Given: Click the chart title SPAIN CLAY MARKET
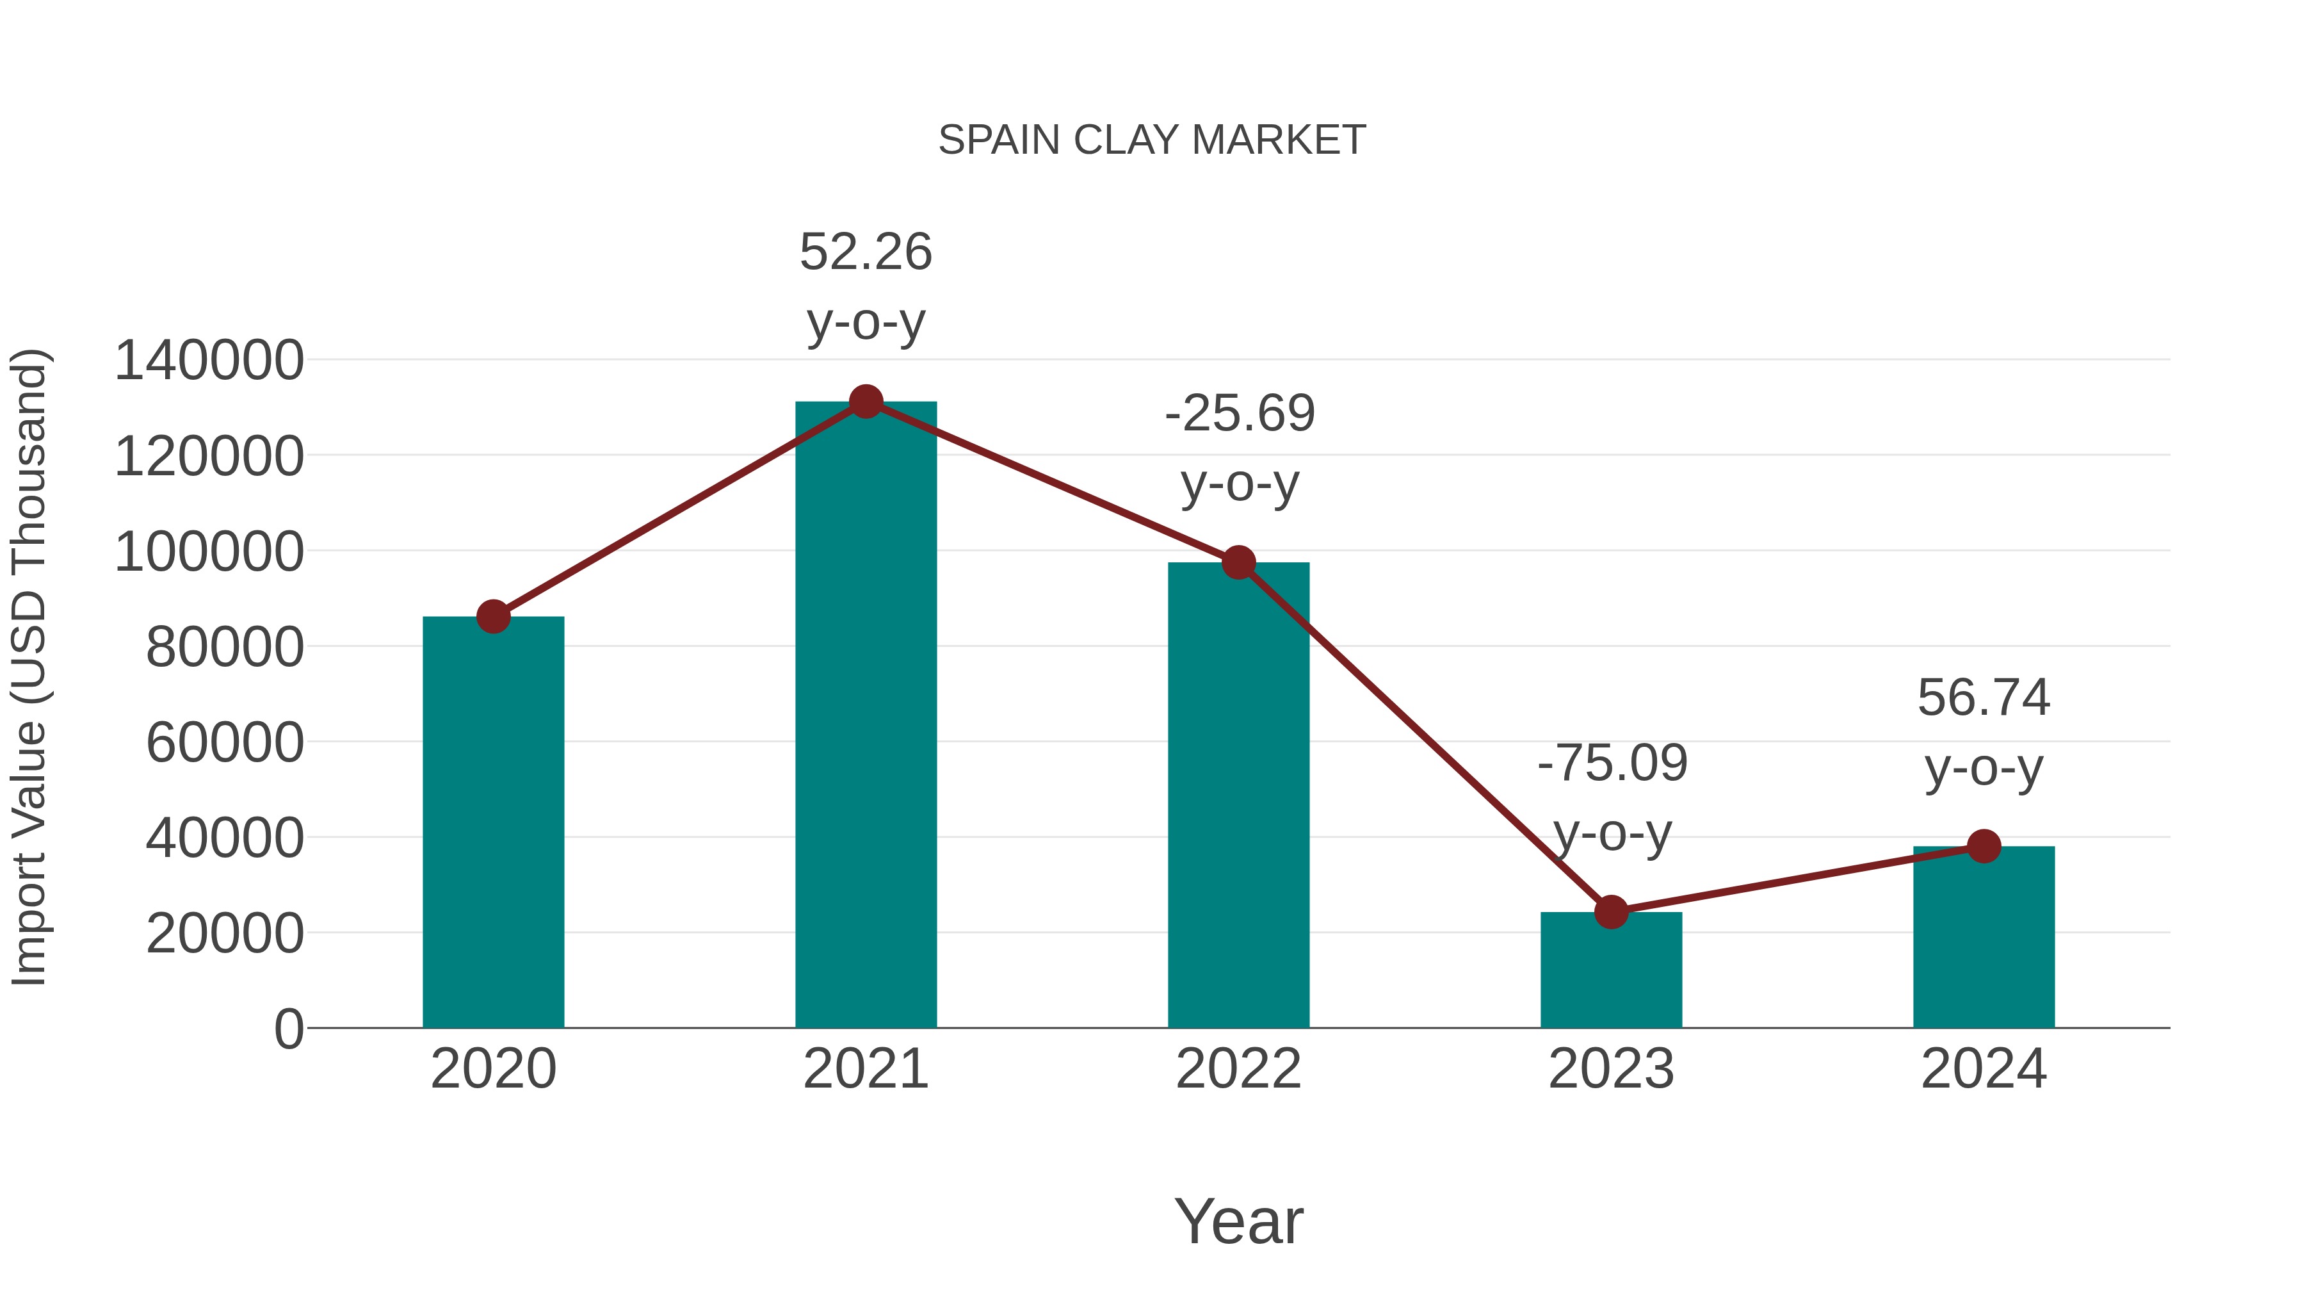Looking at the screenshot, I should (x=1152, y=140).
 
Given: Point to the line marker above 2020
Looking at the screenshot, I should (x=493, y=617).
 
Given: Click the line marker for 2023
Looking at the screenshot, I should (x=1611, y=912).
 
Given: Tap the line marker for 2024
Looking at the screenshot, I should (x=1984, y=846).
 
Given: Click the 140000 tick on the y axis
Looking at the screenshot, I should (x=209, y=361).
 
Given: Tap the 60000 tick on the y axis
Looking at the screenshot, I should (x=225, y=743).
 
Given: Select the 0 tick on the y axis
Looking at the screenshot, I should (x=288, y=1029).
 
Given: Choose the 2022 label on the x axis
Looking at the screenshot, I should (x=1238, y=1070).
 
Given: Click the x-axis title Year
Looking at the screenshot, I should (x=1238, y=1222).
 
